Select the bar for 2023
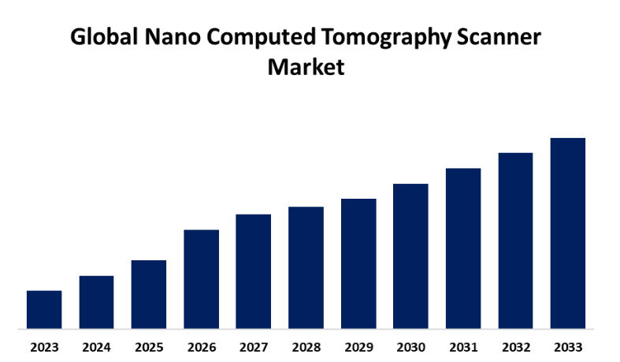click(x=44, y=309)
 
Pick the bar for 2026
click(x=201, y=278)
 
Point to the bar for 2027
click(x=254, y=271)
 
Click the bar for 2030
click(x=410, y=256)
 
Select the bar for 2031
click(x=463, y=248)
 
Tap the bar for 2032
click(x=515, y=240)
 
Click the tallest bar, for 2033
click(x=568, y=233)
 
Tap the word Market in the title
click(x=306, y=67)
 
